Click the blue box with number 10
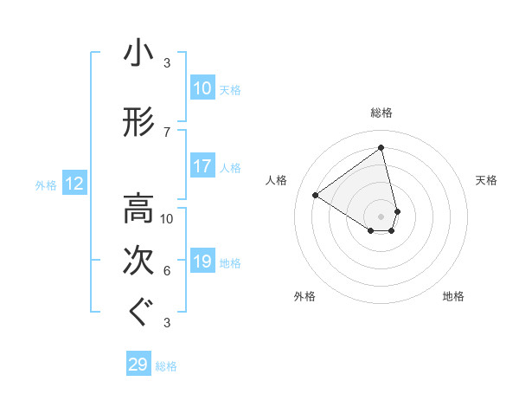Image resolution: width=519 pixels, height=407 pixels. coord(202,88)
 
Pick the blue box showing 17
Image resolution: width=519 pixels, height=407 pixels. coord(202,166)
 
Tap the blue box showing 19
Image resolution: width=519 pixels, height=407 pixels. coord(202,262)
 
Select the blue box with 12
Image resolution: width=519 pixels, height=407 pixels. coord(74,184)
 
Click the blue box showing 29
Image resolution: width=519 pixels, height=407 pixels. coord(138,365)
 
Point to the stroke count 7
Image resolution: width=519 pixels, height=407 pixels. coord(167,132)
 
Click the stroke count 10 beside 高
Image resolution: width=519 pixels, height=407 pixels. coord(167,218)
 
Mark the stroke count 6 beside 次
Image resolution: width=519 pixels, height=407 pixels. coord(167,271)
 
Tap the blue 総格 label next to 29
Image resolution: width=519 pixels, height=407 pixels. coord(167,366)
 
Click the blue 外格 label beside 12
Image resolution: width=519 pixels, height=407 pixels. coord(46,184)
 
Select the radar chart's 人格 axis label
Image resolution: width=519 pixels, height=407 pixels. coord(277,180)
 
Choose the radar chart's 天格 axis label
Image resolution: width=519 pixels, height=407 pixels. coord(486,180)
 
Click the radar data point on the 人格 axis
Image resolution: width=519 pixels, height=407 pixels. coord(316,196)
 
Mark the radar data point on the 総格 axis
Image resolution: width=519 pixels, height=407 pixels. coord(381,147)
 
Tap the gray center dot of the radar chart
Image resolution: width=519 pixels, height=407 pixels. coord(381,216)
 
